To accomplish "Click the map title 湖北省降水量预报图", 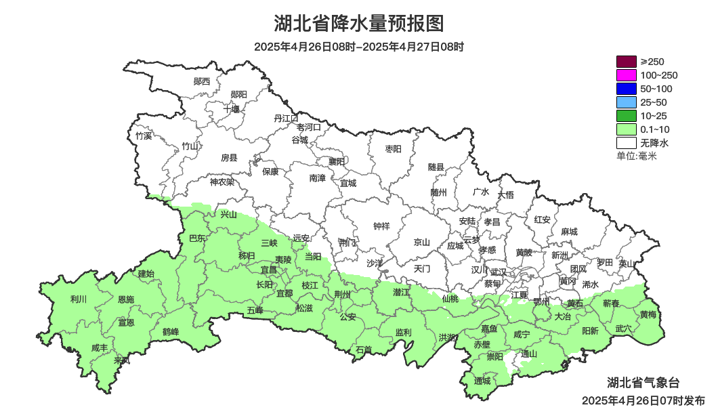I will (x=359, y=24).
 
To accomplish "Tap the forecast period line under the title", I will (x=359, y=47).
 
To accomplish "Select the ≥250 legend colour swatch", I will (x=627, y=62).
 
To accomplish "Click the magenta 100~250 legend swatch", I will (x=627, y=75).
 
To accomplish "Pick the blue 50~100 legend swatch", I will (x=627, y=89).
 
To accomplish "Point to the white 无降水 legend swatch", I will (x=627, y=143).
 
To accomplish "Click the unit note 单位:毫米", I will (x=637, y=156).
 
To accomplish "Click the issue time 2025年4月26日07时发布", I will (x=643, y=401).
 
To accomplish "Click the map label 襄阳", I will (x=337, y=161).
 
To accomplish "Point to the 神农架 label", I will (x=221, y=182).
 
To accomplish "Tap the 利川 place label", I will (x=79, y=299).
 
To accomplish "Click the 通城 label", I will (x=482, y=381).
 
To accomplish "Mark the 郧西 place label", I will (x=202, y=81).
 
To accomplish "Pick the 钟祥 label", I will (x=382, y=226).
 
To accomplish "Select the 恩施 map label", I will (x=126, y=299).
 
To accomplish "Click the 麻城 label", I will (x=569, y=232).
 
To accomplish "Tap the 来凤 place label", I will (x=122, y=360).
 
